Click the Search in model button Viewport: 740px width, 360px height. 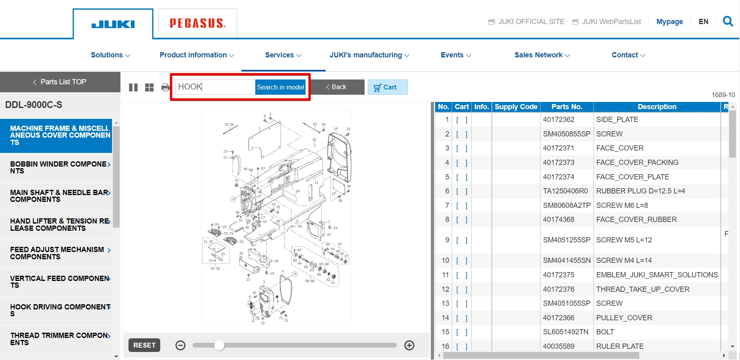pos(280,87)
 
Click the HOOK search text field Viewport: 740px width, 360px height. pos(215,87)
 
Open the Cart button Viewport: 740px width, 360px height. pos(387,87)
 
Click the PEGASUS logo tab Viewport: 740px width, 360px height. pos(198,23)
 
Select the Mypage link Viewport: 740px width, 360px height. pos(669,22)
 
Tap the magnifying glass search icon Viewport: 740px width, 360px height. pos(728,21)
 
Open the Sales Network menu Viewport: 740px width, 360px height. pos(542,55)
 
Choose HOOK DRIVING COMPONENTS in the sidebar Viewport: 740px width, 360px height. pos(59,310)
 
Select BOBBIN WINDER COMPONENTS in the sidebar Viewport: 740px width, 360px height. pos(59,167)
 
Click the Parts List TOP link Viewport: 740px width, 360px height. pos(60,82)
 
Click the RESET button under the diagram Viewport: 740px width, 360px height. pos(144,345)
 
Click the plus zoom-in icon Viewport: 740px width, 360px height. pos(409,345)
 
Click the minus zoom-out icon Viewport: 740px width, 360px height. pos(181,345)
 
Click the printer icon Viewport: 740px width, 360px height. pos(165,87)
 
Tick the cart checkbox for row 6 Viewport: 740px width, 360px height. pos(461,191)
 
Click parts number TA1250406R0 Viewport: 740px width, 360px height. pos(565,191)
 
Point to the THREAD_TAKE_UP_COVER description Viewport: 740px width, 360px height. pos(642,289)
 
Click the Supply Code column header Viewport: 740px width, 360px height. pos(516,107)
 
